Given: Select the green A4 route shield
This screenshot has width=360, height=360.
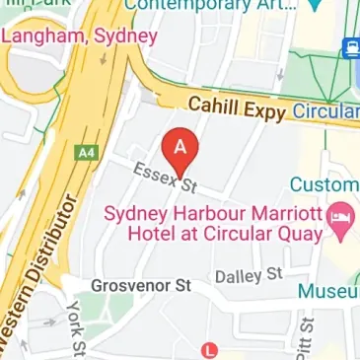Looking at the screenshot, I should (x=86, y=153).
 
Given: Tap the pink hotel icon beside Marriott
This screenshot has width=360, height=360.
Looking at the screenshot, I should (x=341, y=222).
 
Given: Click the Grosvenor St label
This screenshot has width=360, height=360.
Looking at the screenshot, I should (x=140, y=286).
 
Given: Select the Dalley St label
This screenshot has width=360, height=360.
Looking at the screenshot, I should (x=249, y=273).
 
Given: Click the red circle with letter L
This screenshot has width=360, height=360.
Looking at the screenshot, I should (x=208, y=349).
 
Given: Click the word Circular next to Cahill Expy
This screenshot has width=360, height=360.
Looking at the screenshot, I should (x=327, y=111).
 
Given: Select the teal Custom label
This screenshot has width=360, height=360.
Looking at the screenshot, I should (x=324, y=184).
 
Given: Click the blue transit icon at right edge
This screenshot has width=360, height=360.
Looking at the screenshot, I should (x=350, y=46).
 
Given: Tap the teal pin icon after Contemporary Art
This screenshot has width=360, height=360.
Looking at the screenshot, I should (x=314, y=5).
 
